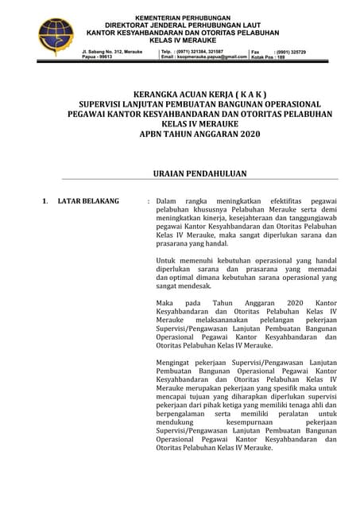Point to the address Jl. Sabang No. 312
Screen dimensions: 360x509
111,52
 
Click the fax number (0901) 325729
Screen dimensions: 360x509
289,52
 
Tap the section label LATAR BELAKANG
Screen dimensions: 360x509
88,201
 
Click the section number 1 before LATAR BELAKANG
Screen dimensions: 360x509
45,201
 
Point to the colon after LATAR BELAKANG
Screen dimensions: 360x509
149,201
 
